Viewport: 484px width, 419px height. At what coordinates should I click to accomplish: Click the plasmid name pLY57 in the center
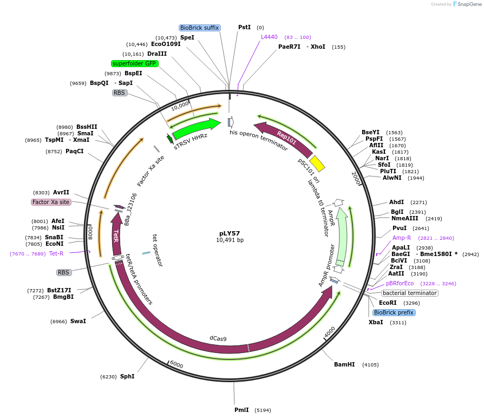pyautogui.click(x=230, y=233)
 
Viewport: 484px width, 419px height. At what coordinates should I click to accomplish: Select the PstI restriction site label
pyautogui.click(x=245, y=27)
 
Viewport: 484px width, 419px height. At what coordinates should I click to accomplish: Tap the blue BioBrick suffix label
pyautogui.click(x=200, y=28)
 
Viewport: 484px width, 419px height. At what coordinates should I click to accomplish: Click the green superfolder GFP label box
pyautogui.click(x=134, y=63)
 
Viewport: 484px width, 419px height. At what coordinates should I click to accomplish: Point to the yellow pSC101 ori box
pyautogui.click(x=317, y=163)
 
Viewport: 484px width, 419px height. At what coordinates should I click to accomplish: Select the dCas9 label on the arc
pyautogui.click(x=218, y=338)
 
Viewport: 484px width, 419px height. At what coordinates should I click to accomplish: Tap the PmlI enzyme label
pyautogui.click(x=241, y=410)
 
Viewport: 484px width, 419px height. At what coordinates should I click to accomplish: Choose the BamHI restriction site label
pyautogui.click(x=344, y=364)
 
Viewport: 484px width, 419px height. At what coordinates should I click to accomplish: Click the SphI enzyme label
pyautogui.click(x=127, y=376)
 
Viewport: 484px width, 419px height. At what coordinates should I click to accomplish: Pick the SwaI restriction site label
pyautogui.click(x=78, y=321)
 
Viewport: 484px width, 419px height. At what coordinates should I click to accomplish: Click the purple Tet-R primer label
pyautogui.click(x=56, y=253)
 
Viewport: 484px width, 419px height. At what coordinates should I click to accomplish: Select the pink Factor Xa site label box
pyautogui.click(x=51, y=202)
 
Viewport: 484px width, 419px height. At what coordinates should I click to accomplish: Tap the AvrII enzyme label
pyautogui.click(x=61, y=192)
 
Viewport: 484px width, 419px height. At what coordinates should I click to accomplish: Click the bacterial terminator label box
pyautogui.click(x=410, y=293)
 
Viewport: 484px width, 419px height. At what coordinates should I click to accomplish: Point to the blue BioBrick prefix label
pyautogui.click(x=394, y=312)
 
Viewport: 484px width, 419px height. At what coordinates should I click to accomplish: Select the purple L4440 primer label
pyautogui.click(x=269, y=37)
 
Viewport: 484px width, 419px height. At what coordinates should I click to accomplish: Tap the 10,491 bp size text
pyautogui.click(x=230, y=240)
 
